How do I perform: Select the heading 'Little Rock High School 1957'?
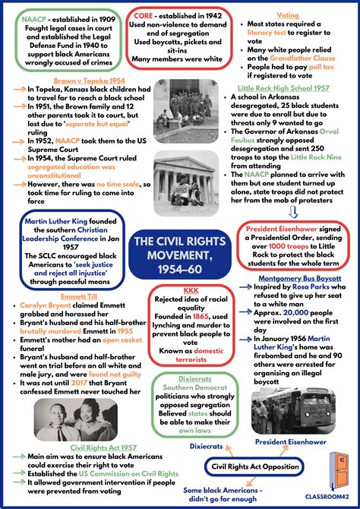coord(284,89)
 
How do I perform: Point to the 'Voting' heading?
coord(288,14)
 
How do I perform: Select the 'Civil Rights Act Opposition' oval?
coord(256,466)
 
